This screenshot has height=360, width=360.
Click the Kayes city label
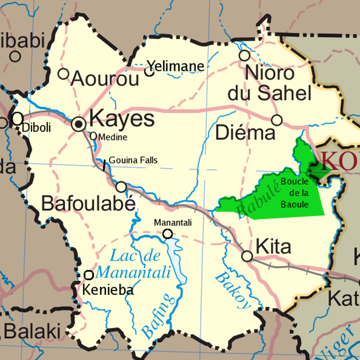tap(122, 119)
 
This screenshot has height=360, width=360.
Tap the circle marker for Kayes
tap(79, 124)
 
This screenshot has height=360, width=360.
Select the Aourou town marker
tap(63, 74)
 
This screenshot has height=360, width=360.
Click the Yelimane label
tap(176, 66)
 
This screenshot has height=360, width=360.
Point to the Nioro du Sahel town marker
tap(244, 55)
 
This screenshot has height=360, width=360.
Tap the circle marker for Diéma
tap(277, 120)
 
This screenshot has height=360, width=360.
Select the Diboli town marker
tap(18, 118)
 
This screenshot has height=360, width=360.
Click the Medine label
tap(112, 137)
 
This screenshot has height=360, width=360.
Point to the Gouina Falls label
tap(133, 160)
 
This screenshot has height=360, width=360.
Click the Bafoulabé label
tap(88, 203)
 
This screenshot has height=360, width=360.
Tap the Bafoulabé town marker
tap(121, 186)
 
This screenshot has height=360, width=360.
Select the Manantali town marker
tap(168, 234)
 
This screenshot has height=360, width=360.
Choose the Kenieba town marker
tap(89, 275)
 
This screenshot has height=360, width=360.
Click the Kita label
tap(273, 246)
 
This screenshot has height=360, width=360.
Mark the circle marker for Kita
tap(247, 256)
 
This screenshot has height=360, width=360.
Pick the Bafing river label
tap(158, 316)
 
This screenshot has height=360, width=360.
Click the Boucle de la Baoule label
tap(295, 193)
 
